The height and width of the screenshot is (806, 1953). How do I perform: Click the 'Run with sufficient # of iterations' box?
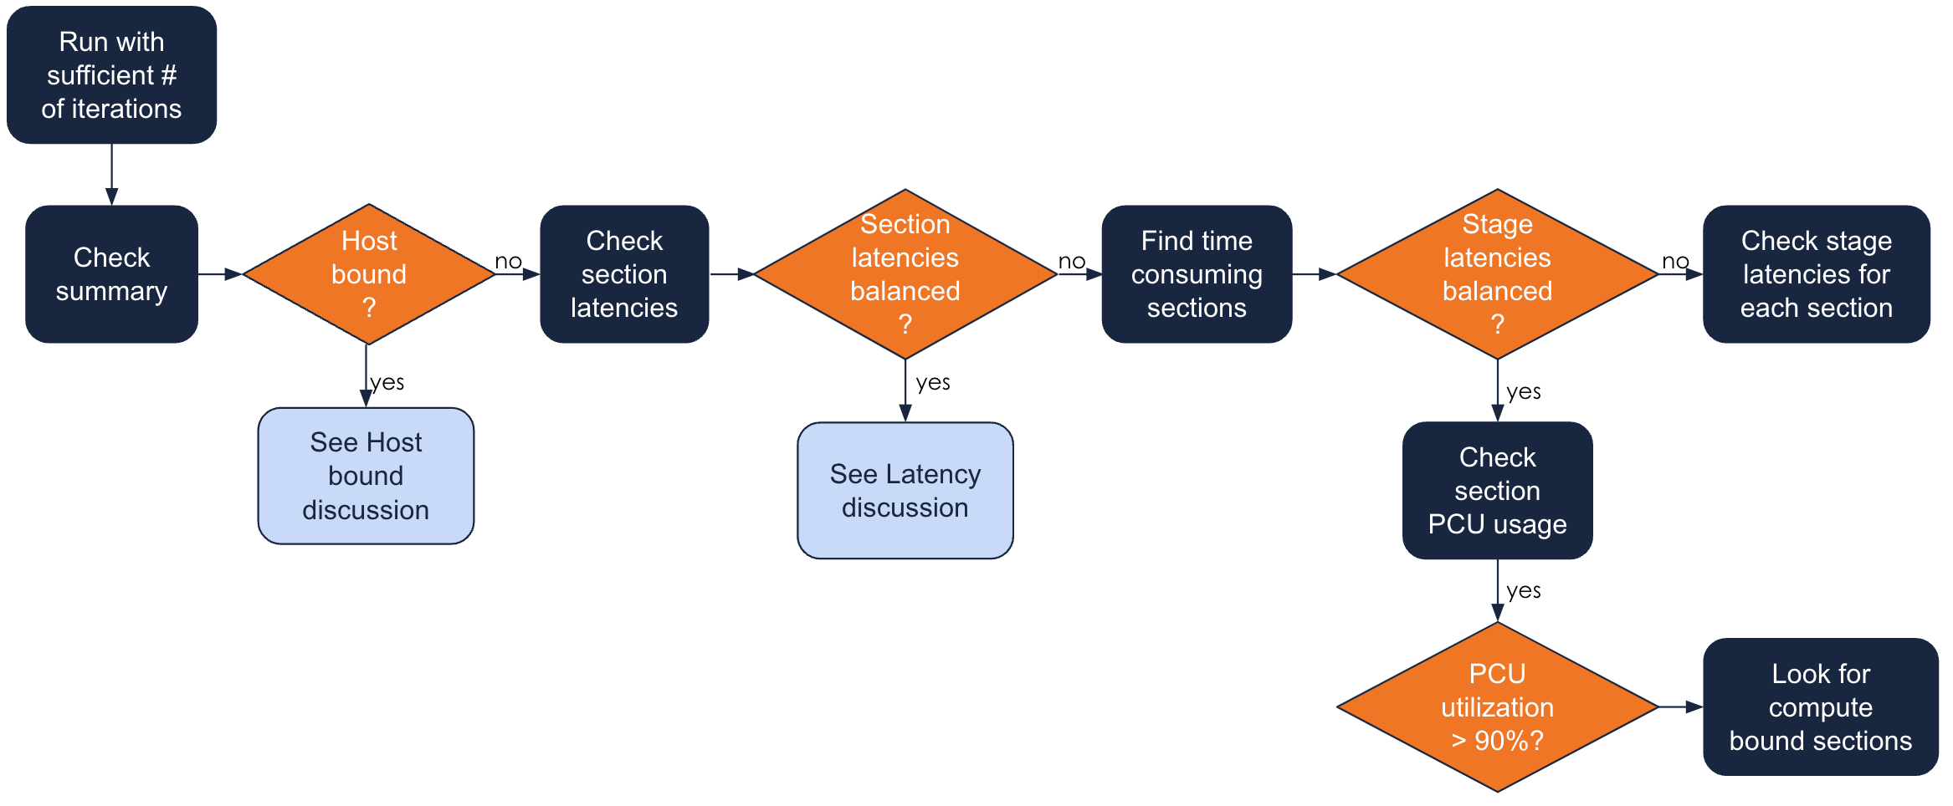point(111,75)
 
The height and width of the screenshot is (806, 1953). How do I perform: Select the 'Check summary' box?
point(111,274)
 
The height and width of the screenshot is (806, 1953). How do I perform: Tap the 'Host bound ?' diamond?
point(368,274)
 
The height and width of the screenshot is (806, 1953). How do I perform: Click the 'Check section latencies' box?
point(624,274)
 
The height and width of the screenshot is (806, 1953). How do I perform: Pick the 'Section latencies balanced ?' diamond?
point(905,274)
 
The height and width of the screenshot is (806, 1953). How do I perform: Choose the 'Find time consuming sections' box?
point(1197,274)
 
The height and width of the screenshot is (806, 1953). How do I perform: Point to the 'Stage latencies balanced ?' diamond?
point(1497,274)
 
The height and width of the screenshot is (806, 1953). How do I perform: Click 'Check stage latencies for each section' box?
point(1816,274)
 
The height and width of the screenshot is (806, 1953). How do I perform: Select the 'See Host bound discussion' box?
point(366,476)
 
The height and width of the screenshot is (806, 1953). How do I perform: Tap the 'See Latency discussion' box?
point(905,491)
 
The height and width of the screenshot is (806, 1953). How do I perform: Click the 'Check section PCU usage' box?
point(1497,491)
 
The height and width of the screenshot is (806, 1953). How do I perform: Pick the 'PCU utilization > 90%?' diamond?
point(1497,707)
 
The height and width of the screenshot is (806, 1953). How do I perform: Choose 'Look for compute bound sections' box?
point(1820,707)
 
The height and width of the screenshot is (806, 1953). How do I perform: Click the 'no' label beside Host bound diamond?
point(508,262)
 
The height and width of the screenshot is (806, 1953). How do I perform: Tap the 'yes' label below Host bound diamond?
point(387,382)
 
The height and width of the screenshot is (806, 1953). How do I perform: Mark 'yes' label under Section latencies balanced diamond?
point(933,383)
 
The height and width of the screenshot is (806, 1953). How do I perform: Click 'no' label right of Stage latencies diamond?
point(1675,262)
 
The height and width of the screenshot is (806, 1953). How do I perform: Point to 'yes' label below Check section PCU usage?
point(1524,591)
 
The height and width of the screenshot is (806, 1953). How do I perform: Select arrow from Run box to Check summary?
point(111,175)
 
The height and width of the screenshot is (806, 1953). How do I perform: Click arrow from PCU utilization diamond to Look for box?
point(1680,707)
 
